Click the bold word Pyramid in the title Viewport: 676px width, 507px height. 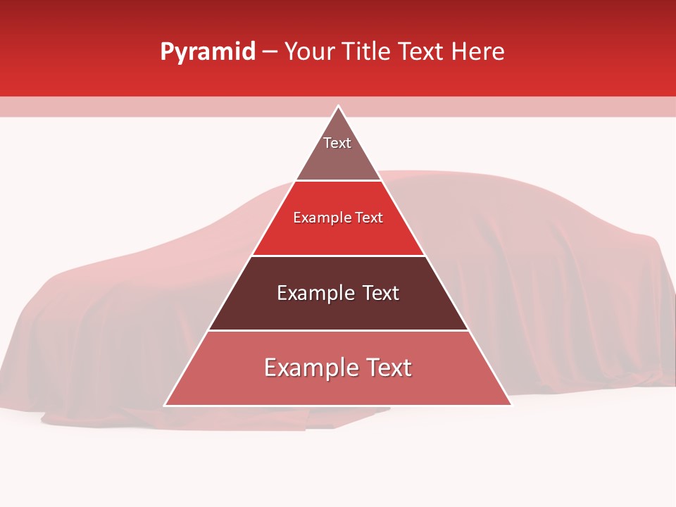click(207, 52)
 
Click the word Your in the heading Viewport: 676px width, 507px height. click(311, 52)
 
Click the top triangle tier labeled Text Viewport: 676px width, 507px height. click(338, 151)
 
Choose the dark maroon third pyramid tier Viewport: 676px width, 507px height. click(338, 310)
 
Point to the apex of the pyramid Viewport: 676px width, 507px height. click(338, 106)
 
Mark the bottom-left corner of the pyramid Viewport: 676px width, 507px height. click(165, 405)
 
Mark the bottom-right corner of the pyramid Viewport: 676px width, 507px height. click(511, 405)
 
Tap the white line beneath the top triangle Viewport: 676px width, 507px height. click(338, 181)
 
